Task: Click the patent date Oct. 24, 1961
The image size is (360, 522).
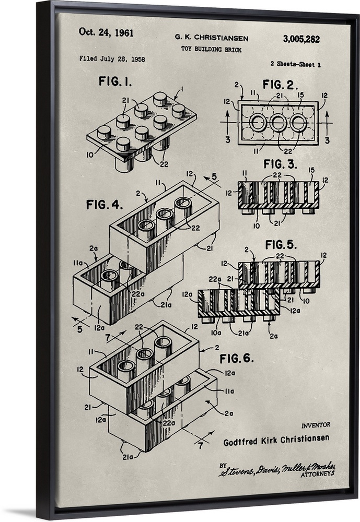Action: [106, 32]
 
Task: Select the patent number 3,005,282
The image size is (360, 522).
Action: [301, 39]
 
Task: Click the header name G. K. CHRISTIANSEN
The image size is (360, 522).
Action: [212, 38]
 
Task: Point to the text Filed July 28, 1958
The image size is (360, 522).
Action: [112, 59]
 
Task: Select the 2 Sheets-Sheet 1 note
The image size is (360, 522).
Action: [295, 64]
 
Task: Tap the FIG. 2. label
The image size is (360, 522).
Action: [280, 85]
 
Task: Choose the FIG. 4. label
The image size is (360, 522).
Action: [104, 205]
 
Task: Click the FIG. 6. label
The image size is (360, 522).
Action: [237, 359]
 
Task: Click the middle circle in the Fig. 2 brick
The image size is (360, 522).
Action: [278, 123]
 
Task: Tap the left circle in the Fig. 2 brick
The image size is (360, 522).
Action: [258, 123]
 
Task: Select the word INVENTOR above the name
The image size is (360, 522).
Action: [315, 425]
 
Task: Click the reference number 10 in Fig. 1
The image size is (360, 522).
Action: [90, 155]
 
